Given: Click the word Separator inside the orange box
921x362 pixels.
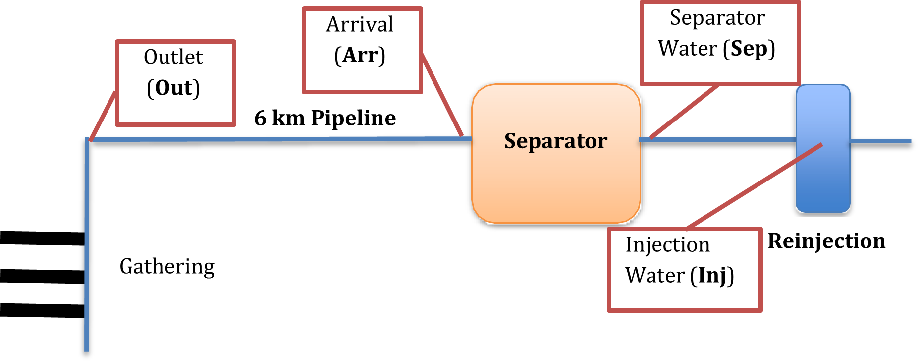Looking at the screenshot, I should [x=555, y=141].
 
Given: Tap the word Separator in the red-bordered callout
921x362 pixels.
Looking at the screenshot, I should [x=717, y=18].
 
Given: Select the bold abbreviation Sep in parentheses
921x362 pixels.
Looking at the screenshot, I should [x=749, y=49].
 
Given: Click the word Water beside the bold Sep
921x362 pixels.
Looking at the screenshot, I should [x=687, y=49].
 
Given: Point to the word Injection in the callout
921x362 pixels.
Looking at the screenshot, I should [x=667, y=245].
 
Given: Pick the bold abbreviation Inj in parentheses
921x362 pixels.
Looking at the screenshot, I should [x=712, y=276].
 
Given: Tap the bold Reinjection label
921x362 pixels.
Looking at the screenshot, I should [x=826, y=241].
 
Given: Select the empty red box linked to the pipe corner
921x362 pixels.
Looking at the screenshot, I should [x=175, y=83].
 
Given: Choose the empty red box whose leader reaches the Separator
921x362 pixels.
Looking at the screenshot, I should [x=362, y=50].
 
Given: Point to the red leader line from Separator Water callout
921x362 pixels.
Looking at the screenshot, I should [x=684, y=112].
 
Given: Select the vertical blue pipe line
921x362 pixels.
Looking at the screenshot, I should [x=87, y=248].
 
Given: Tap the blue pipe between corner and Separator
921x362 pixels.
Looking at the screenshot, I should [x=277, y=139].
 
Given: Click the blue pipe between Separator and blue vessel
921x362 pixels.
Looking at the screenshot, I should [x=718, y=140].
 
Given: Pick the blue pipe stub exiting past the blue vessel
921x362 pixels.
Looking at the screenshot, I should [x=882, y=141].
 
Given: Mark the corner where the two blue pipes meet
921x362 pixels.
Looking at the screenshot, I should [x=88, y=140].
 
